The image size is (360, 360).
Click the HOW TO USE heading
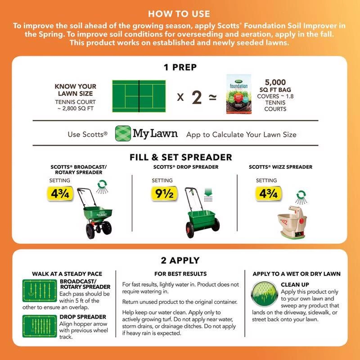tap(179, 14)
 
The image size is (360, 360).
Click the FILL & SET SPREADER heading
tap(180, 157)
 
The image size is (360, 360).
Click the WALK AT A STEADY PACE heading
tap(67, 274)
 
